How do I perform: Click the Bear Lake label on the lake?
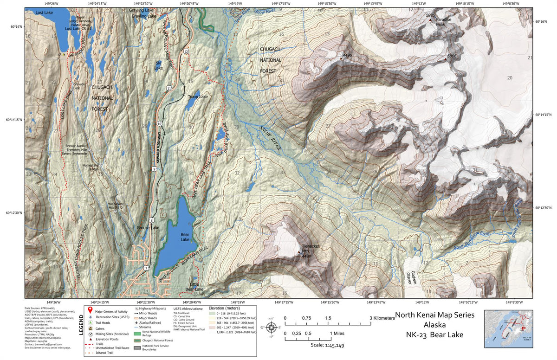click(x=185, y=237)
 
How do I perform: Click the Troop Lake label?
click(x=197, y=96)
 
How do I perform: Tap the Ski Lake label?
click(x=159, y=65)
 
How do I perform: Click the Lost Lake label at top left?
click(x=45, y=13)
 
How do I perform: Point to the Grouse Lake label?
click(x=148, y=228)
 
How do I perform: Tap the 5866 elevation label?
click(x=452, y=56)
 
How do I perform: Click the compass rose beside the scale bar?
click(x=273, y=327)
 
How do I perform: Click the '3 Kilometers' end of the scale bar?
click(x=382, y=318)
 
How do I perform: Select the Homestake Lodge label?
click(x=91, y=167)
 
